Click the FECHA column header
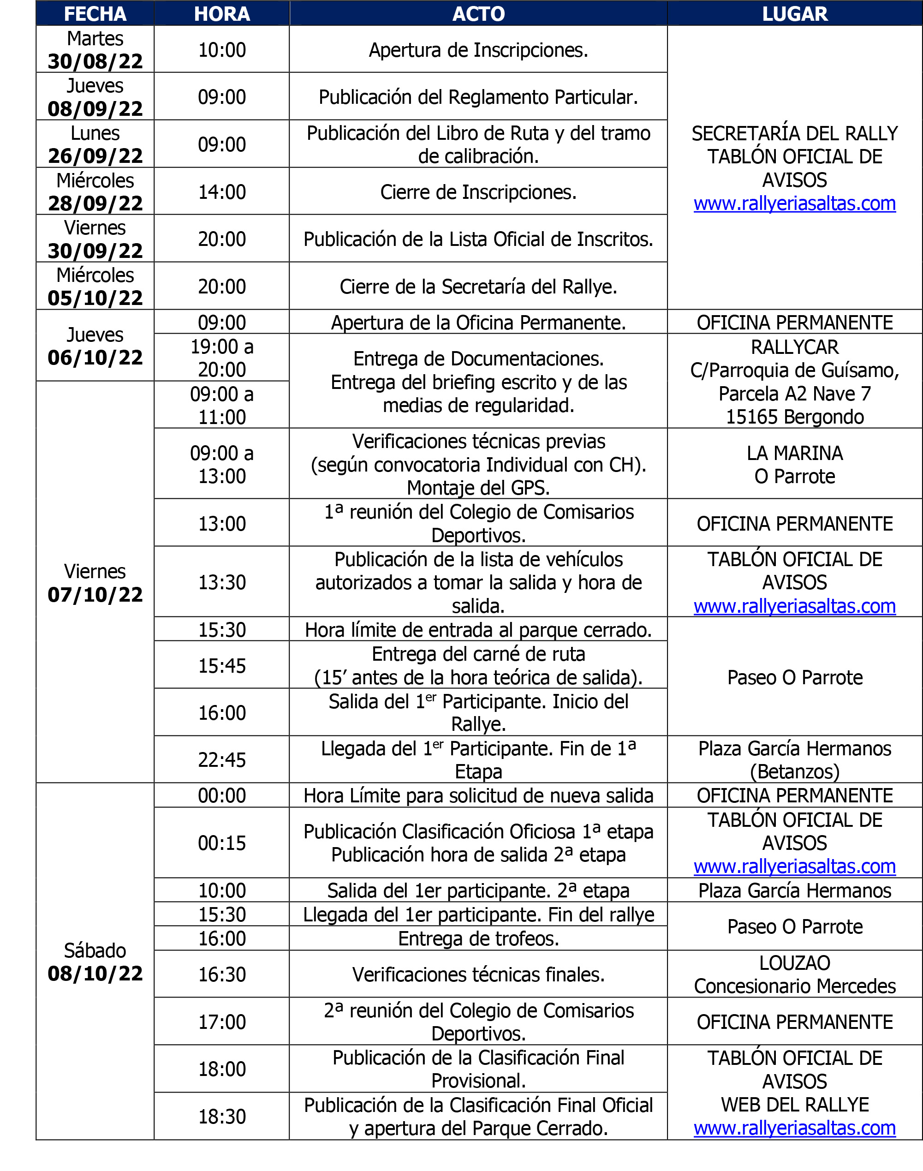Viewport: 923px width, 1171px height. (95, 13)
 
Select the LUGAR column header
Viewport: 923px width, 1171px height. (794, 13)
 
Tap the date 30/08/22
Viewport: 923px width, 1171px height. (95, 61)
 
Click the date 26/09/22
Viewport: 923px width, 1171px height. (95, 155)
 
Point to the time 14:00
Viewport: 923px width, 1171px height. (221, 192)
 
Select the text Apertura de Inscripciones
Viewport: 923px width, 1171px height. (478, 50)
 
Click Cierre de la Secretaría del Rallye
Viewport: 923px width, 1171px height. (478, 287)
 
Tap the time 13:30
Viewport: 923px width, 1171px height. (221, 582)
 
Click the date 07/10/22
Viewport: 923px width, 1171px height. (95, 594)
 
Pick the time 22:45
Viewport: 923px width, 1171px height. (221, 760)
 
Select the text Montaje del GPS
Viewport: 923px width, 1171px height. (478, 487)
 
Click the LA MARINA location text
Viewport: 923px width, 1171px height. (794, 453)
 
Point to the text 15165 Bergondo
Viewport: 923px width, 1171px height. (794, 417)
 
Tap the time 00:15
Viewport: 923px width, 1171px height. (221, 843)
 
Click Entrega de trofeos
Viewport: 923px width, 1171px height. (478, 938)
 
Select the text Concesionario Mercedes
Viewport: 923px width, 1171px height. (794, 986)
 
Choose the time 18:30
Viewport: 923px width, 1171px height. (221, 1117)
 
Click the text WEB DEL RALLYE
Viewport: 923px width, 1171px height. (794, 1105)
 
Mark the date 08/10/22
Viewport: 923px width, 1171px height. (95, 973)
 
